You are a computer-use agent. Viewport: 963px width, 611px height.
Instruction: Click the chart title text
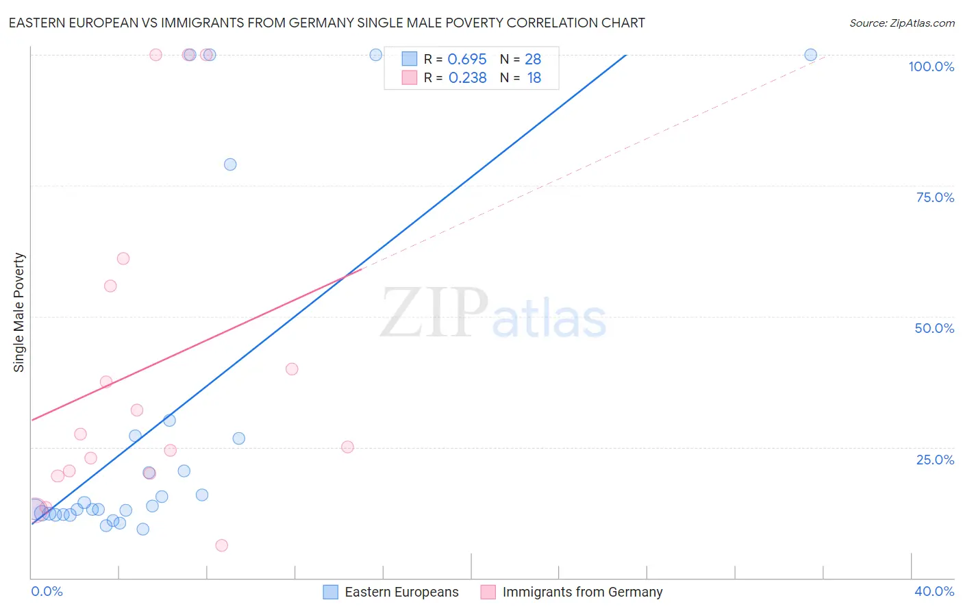click(327, 23)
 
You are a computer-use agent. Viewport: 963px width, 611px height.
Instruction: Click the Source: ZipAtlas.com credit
click(901, 23)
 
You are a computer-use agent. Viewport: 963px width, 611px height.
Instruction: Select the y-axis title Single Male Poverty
click(19, 312)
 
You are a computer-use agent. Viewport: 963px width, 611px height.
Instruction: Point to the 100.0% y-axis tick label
click(931, 66)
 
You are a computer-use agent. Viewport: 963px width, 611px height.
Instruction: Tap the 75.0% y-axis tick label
click(935, 197)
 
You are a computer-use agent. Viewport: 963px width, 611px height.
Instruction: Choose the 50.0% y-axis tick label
click(934, 328)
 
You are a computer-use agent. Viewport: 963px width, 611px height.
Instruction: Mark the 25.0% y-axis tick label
click(935, 460)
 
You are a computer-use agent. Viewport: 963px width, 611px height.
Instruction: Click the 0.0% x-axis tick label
click(47, 591)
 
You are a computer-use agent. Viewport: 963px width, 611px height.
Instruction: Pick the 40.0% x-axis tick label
click(934, 591)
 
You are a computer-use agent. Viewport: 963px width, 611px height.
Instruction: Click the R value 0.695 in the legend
click(467, 59)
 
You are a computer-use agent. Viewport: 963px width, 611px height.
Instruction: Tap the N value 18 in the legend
click(534, 78)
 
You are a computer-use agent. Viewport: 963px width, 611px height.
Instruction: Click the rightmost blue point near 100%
click(810, 55)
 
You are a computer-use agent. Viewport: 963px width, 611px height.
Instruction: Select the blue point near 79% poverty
click(230, 164)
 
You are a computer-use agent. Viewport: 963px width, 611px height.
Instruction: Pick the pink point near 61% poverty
click(123, 258)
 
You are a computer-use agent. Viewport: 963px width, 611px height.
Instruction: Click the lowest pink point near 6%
click(221, 545)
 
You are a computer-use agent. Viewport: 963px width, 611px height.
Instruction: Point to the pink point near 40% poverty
click(292, 369)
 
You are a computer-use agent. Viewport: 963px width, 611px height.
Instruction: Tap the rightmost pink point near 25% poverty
click(347, 447)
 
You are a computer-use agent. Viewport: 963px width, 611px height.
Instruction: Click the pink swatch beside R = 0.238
click(410, 77)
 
